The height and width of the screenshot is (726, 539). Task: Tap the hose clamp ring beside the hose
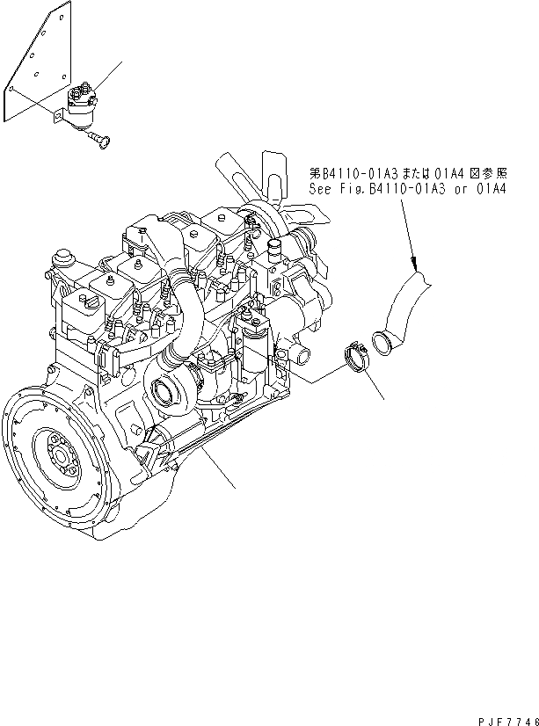tap(355, 359)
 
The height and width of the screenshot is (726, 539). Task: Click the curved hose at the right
tap(406, 308)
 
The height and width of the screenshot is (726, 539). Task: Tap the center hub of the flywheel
tap(62, 455)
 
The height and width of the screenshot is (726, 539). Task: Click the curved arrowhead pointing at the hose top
tap(415, 260)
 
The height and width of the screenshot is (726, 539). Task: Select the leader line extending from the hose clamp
tap(373, 386)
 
